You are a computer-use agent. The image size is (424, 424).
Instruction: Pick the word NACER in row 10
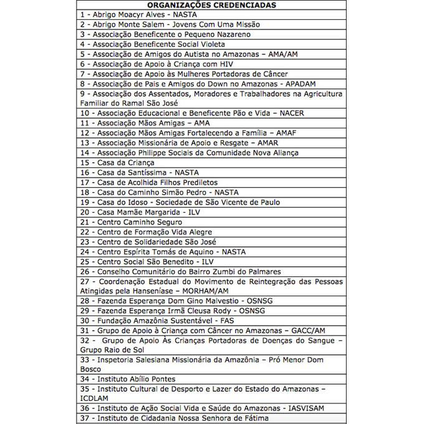tap(291, 113)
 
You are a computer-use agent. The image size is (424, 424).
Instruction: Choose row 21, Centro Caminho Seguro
tap(132, 222)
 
